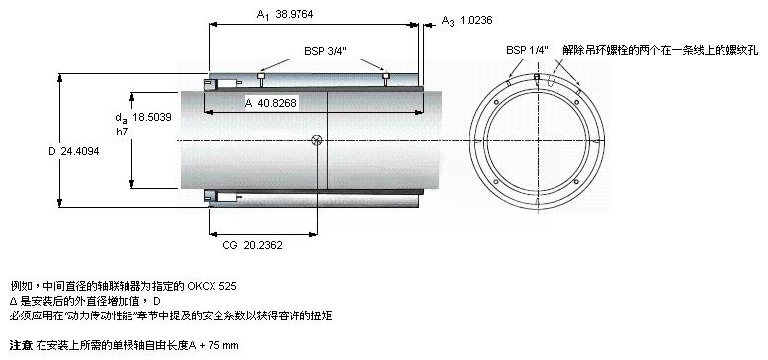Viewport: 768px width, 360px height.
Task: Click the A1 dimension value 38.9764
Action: pos(294,14)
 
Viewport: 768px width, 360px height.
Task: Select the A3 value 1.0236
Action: pos(475,20)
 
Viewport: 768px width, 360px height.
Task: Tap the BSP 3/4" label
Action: pos(325,51)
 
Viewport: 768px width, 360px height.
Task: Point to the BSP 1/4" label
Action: pos(527,50)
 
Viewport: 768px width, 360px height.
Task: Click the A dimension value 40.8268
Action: pos(277,103)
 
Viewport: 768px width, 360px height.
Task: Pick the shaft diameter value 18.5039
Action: pos(152,117)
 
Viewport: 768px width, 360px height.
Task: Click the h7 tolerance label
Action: pos(121,131)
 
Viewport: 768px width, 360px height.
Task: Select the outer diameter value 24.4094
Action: pos(80,152)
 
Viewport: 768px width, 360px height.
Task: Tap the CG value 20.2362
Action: pos(263,245)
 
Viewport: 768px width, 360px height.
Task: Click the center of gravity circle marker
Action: pos(317,140)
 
